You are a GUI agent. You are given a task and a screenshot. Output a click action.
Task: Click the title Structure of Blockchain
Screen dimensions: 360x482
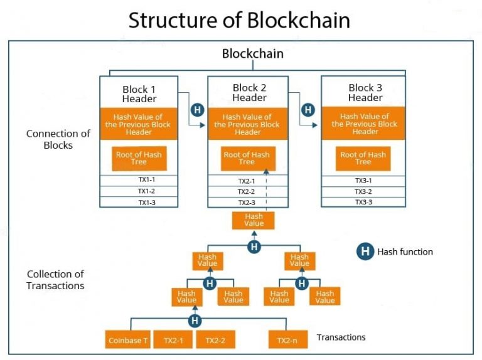pyautogui.click(x=239, y=20)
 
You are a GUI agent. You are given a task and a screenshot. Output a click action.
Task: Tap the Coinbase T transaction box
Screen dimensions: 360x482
pyautogui.click(x=127, y=340)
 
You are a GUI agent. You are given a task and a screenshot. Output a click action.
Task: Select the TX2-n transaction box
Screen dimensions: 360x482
pyautogui.click(x=287, y=340)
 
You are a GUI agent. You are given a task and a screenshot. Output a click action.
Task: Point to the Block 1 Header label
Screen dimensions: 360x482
pyautogui.click(x=139, y=93)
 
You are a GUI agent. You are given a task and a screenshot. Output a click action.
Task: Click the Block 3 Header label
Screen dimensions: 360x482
pyautogui.click(x=365, y=93)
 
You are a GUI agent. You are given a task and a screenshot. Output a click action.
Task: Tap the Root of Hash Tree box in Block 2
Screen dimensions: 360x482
pyautogui.click(x=247, y=158)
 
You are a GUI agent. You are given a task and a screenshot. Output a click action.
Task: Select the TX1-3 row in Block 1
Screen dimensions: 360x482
pyautogui.click(x=139, y=202)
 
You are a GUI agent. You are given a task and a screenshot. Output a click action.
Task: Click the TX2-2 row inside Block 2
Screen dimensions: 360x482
pyautogui.click(x=247, y=191)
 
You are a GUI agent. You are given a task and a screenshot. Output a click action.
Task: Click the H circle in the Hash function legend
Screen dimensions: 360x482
pyautogui.click(x=365, y=252)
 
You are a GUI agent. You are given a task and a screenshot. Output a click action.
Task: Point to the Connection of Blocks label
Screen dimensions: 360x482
pyautogui.click(x=58, y=139)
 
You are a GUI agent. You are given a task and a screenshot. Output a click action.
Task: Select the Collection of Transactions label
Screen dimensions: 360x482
pyautogui.click(x=55, y=280)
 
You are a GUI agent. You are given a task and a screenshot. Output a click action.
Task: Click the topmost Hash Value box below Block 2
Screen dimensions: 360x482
pyautogui.click(x=254, y=220)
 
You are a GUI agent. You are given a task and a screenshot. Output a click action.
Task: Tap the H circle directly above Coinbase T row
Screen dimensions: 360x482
pyautogui.click(x=195, y=320)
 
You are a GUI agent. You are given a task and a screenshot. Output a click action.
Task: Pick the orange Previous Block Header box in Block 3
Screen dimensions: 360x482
pyautogui.click(x=365, y=124)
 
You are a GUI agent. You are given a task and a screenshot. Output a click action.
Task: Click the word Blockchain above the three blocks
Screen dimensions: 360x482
pyautogui.click(x=252, y=54)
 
